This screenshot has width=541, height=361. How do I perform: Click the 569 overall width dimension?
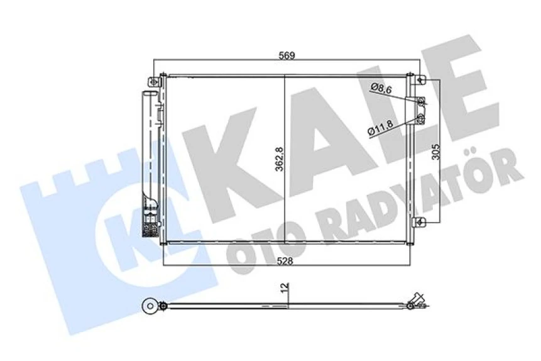pyautogui.click(x=287, y=55)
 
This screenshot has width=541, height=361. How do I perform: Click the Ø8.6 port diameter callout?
pyautogui.click(x=381, y=89)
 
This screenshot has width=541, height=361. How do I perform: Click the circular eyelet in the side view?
pyautogui.click(x=149, y=307)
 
